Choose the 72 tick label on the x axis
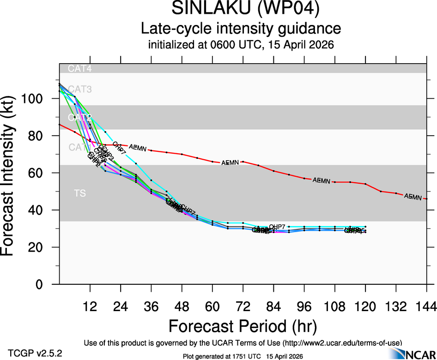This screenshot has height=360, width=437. pos(243,306)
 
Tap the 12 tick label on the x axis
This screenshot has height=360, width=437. pos(90,306)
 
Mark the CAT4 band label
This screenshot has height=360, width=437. pos(80,69)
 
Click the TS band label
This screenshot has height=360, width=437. pos(80,193)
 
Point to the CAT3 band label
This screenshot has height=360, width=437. pos(80,89)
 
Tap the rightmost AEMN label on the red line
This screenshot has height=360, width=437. pos(413,197)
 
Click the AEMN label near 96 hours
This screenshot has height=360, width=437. pos(322,180)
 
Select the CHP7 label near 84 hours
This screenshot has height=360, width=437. pos(277,226)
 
